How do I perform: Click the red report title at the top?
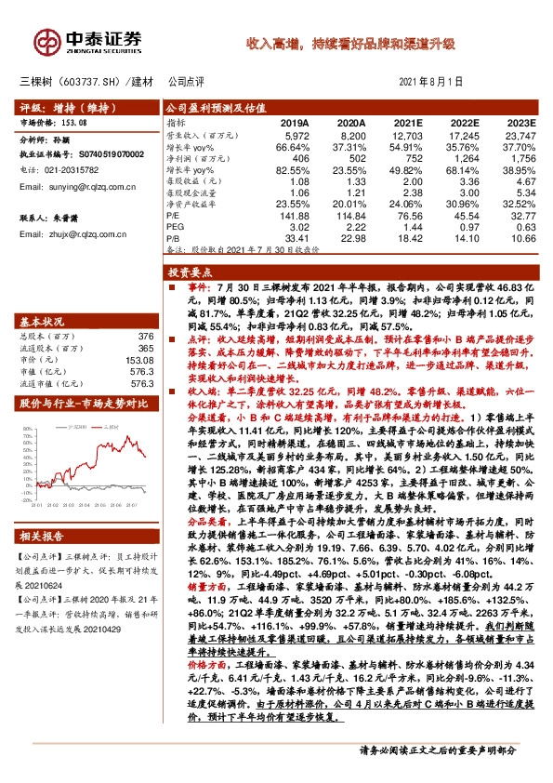pos(350,44)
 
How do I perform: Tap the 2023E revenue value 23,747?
pos(517,135)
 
